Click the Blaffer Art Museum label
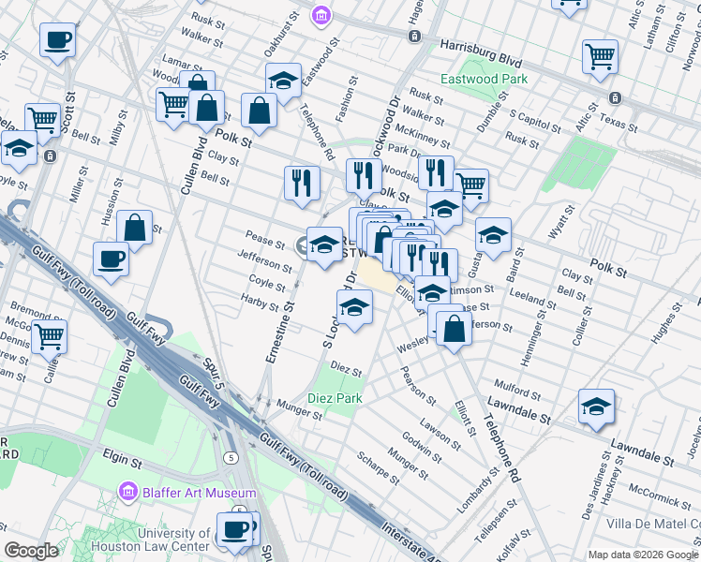[x=199, y=493]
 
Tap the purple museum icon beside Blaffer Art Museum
[x=128, y=492]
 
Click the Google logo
[x=32, y=551]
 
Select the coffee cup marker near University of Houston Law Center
[x=235, y=530]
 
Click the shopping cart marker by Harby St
[x=50, y=335]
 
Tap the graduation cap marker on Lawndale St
[x=596, y=406]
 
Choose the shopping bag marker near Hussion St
[x=135, y=228]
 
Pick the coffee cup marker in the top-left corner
[x=58, y=40]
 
